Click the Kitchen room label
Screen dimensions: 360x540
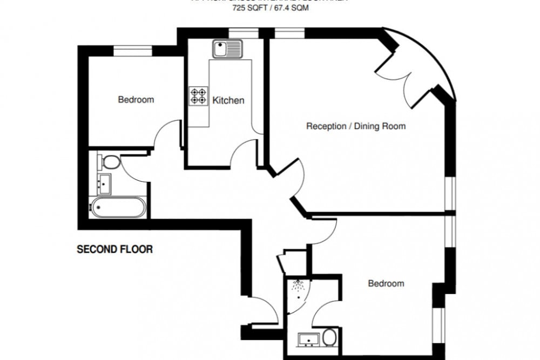coord(228,100)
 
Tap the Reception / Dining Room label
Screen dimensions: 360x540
coord(356,126)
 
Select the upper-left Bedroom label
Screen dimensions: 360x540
coord(136,100)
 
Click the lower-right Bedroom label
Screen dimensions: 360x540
coord(386,283)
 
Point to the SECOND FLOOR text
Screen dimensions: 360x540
coord(114,249)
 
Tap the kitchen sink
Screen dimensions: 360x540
coord(227,50)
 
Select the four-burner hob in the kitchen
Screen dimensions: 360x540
coord(198,96)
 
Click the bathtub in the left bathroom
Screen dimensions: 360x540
coord(118,207)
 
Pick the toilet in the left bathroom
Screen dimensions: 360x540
coord(110,162)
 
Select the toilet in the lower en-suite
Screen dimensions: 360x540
coord(329,338)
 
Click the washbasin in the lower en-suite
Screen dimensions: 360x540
coord(308,339)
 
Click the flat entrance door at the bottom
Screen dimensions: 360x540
coord(265,316)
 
